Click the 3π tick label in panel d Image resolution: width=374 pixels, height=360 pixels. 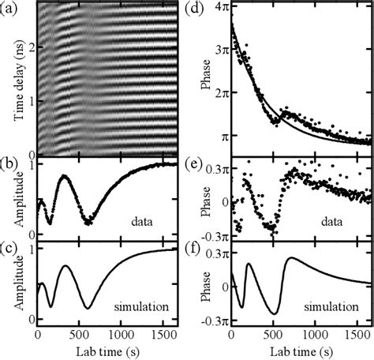(218, 50)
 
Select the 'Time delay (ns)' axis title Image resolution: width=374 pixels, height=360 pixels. (10, 80)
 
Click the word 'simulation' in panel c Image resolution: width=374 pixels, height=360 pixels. (144, 303)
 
